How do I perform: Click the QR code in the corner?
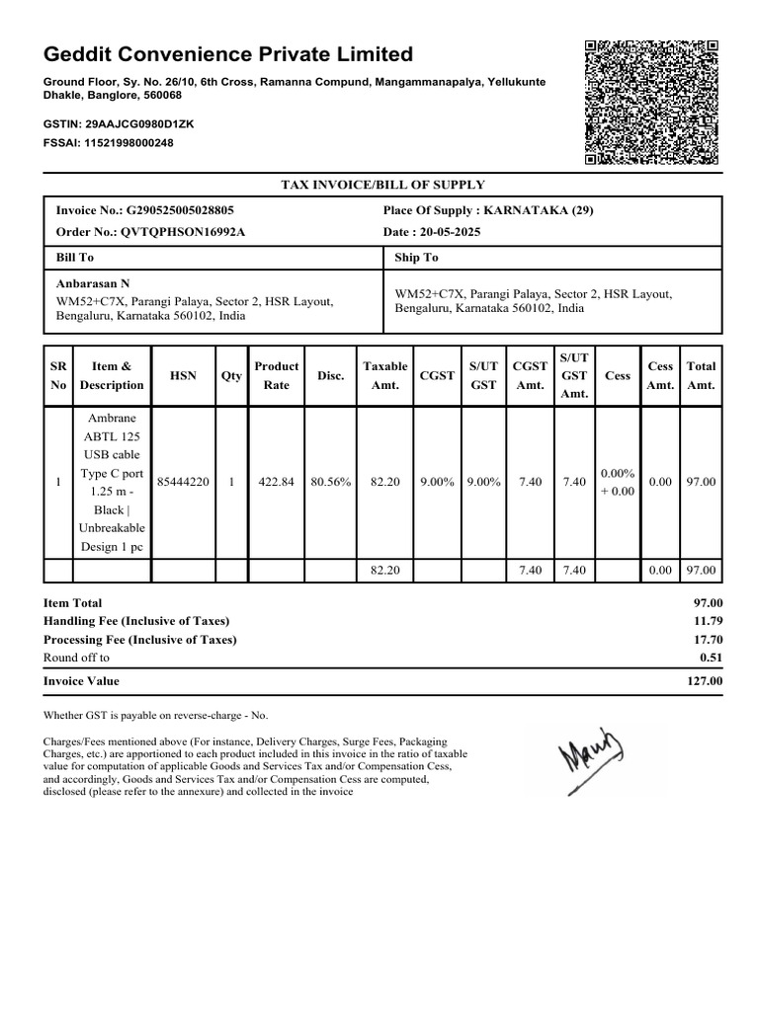(x=651, y=103)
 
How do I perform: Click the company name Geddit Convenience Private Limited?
(x=228, y=53)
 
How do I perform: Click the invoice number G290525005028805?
(x=180, y=210)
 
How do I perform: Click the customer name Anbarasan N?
(x=93, y=283)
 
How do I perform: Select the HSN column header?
(x=183, y=375)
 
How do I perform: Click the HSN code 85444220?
(x=183, y=482)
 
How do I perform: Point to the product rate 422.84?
(x=276, y=482)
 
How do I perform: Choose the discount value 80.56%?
(x=330, y=482)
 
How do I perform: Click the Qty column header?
(x=231, y=375)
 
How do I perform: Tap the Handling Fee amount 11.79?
(x=709, y=621)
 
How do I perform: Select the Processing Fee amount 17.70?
(x=709, y=639)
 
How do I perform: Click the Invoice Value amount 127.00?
(x=705, y=681)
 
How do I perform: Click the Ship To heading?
(x=416, y=258)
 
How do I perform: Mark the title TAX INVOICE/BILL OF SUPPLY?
(x=382, y=185)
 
